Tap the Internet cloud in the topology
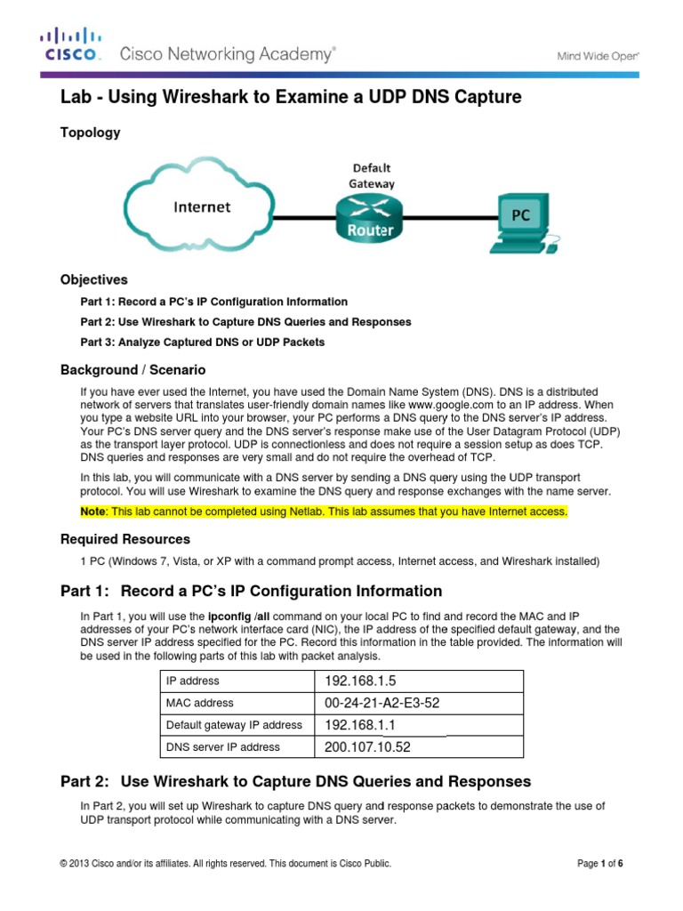[x=201, y=207]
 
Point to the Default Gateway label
[x=372, y=175]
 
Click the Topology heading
[x=90, y=133]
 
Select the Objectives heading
[x=93, y=279]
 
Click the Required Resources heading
[x=125, y=539]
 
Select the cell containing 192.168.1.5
[x=419, y=681]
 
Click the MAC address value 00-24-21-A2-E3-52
[x=419, y=703]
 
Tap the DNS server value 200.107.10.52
[x=419, y=747]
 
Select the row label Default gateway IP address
[x=234, y=725]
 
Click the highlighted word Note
[x=93, y=512]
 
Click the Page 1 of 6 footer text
[x=600, y=863]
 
